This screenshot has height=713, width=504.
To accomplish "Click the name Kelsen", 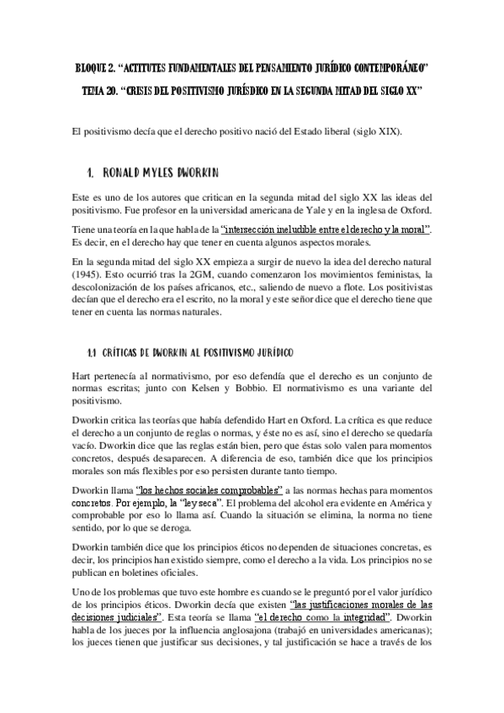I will coord(252,388).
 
